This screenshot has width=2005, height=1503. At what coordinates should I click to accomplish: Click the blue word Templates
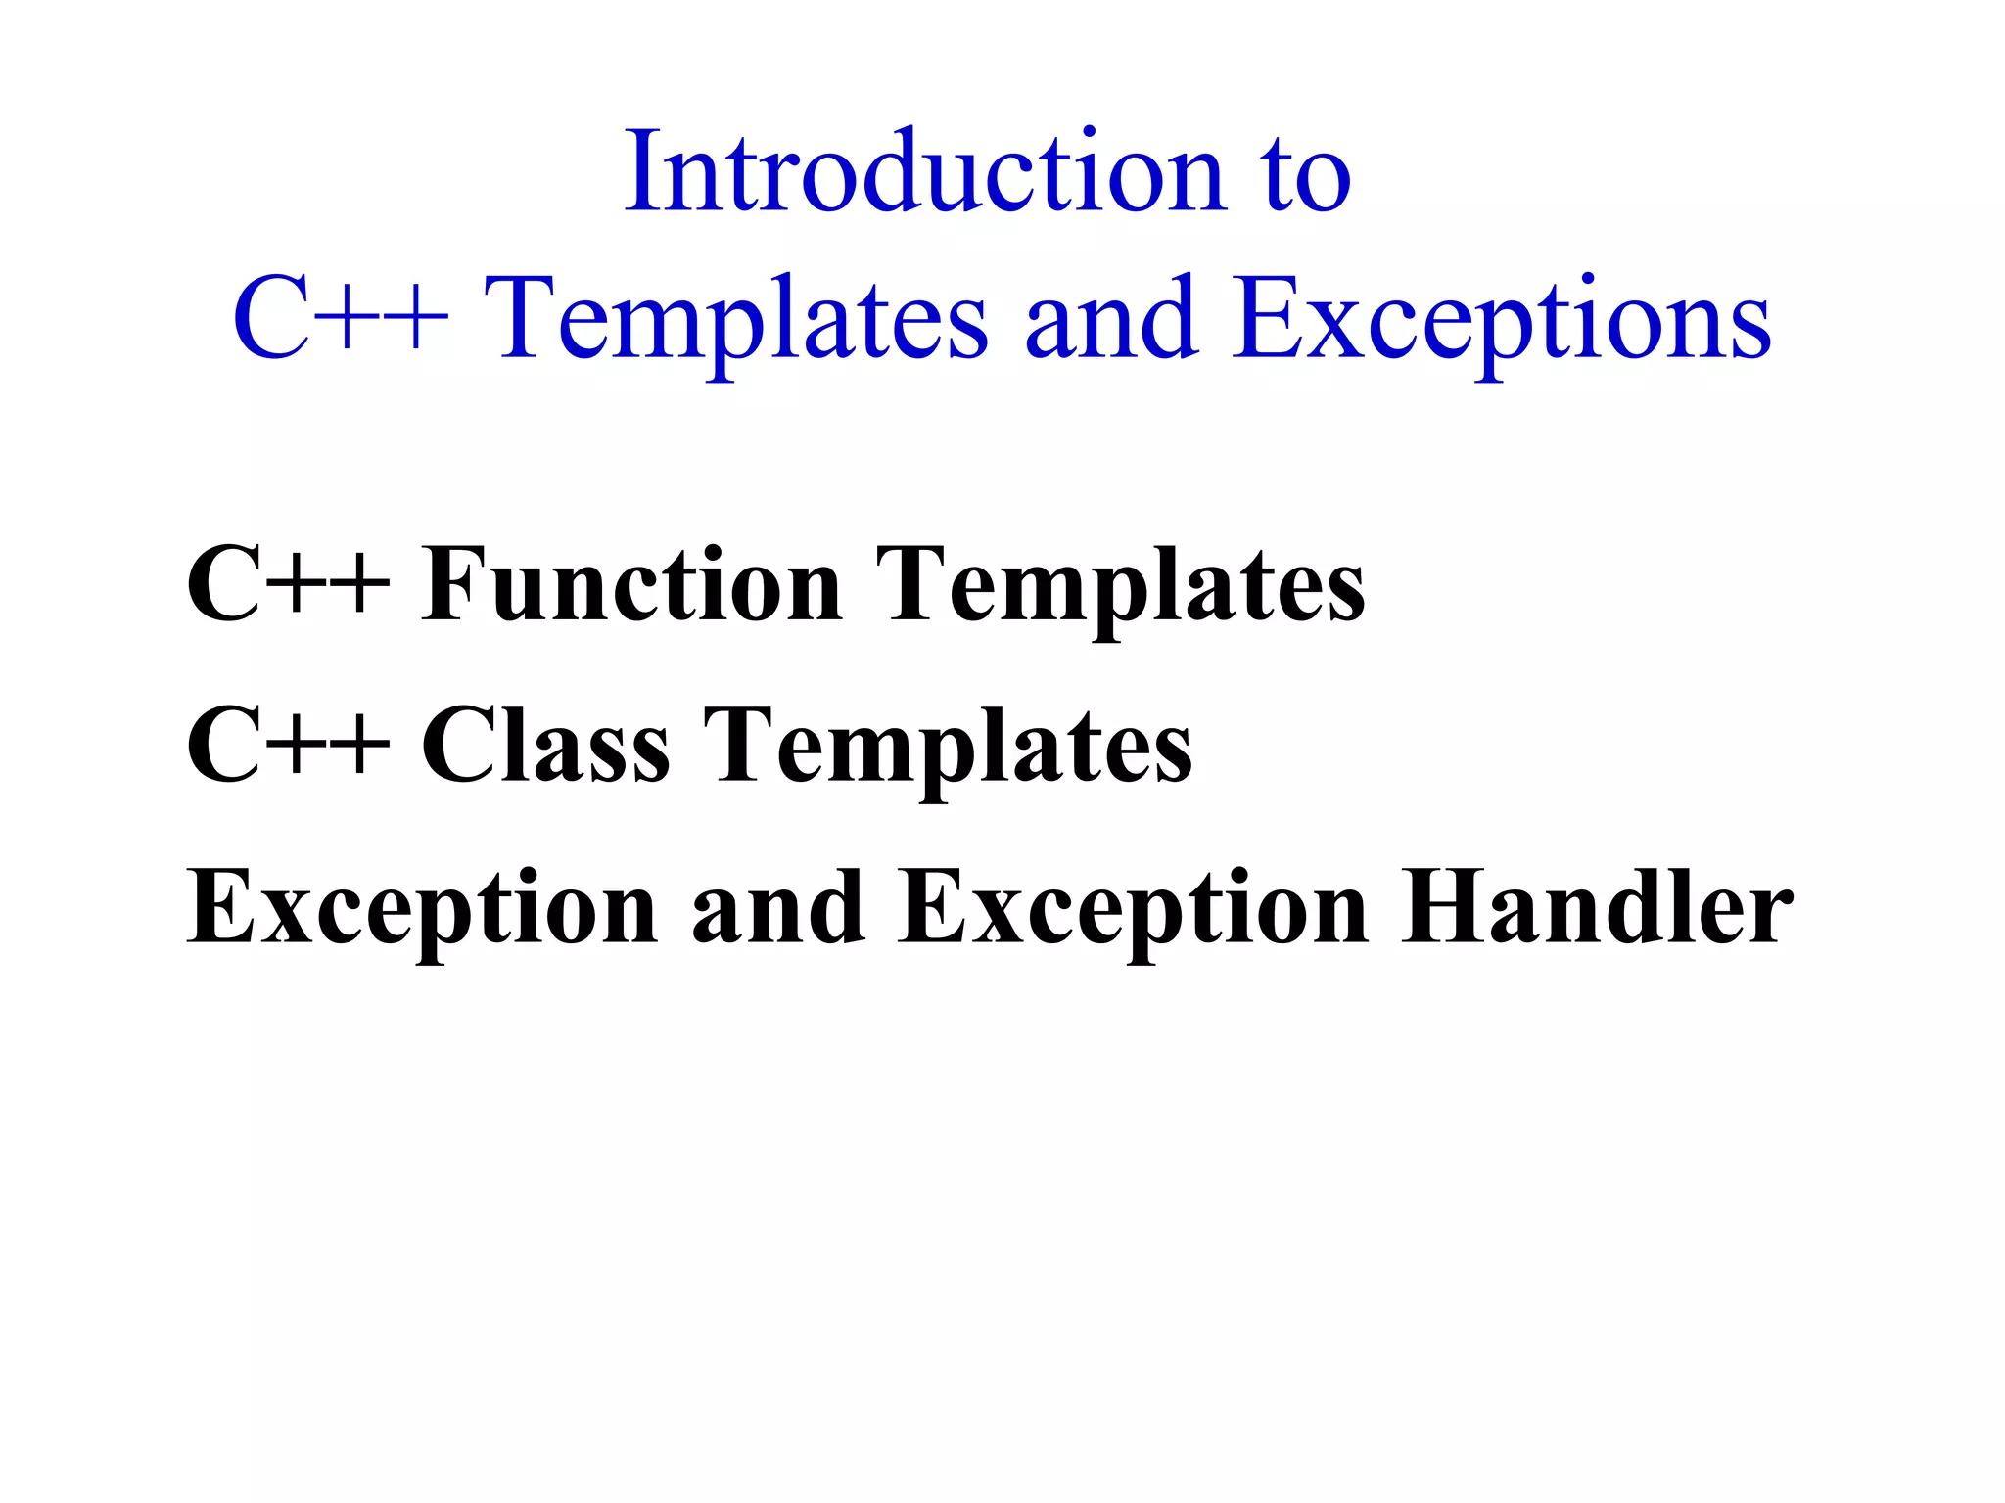tap(736, 323)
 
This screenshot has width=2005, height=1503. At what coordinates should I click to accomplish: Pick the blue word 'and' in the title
tap(1112, 319)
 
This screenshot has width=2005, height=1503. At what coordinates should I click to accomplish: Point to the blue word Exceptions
tap(1500, 323)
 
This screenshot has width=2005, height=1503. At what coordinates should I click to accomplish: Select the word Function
tap(631, 585)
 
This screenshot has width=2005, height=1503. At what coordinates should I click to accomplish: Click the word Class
tap(545, 747)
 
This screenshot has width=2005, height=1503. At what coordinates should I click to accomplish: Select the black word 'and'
tap(778, 908)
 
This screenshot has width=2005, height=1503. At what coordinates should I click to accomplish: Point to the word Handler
tap(1597, 908)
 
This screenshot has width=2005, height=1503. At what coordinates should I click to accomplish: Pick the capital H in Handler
tap(1440, 908)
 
